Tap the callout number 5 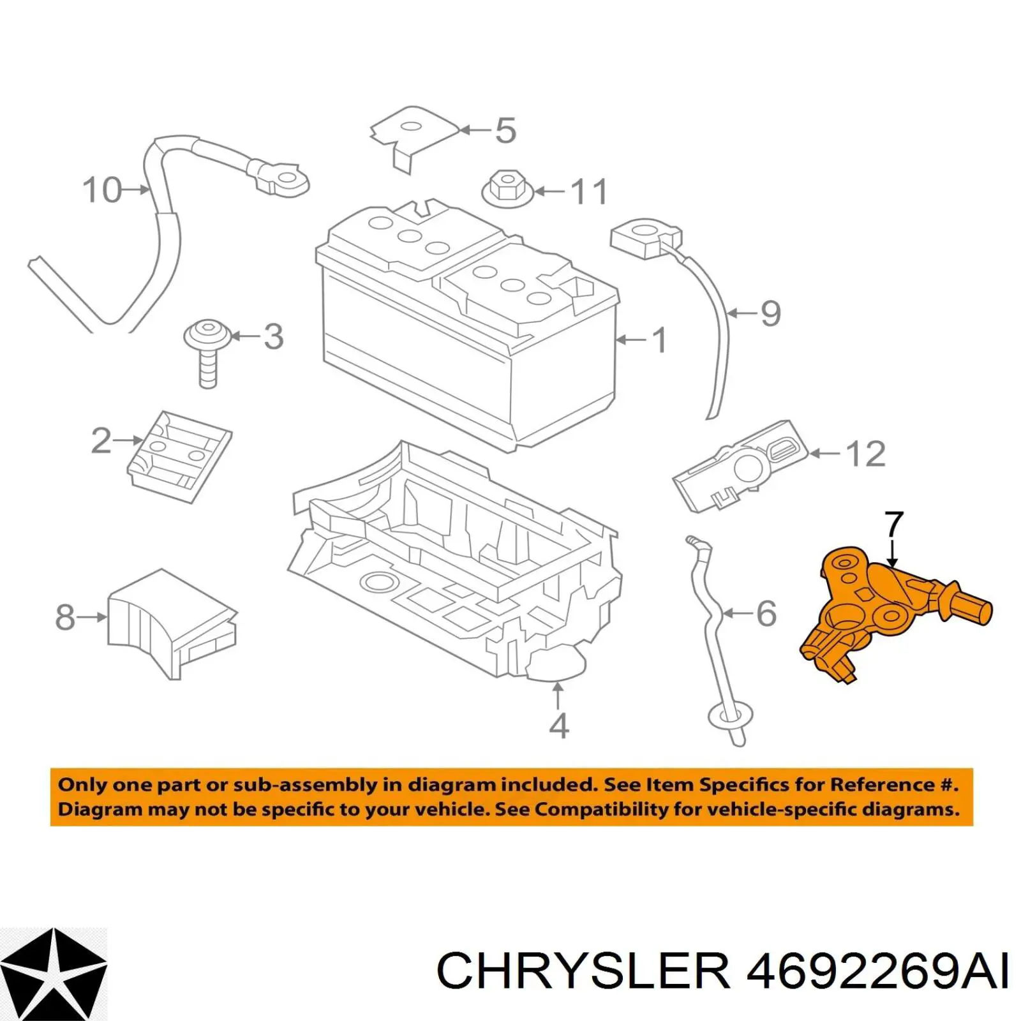pyautogui.click(x=505, y=130)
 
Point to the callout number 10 pyautogui.click(x=102, y=190)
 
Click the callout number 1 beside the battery pyautogui.click(x=660, y=340)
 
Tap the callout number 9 pyautogui.click(x=771, y=313)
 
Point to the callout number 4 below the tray pyautogui.click(x=558, y=726)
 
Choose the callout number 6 pyautogui.click(x=766, y=613)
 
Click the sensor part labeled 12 pyautogui.click(x=740, y=466)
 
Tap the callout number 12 pyautogui.click(x=865, y=454)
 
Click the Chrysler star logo pyautogui.click(x=54, y=974)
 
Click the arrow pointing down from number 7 pyautogui.click(x=893, y=553)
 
